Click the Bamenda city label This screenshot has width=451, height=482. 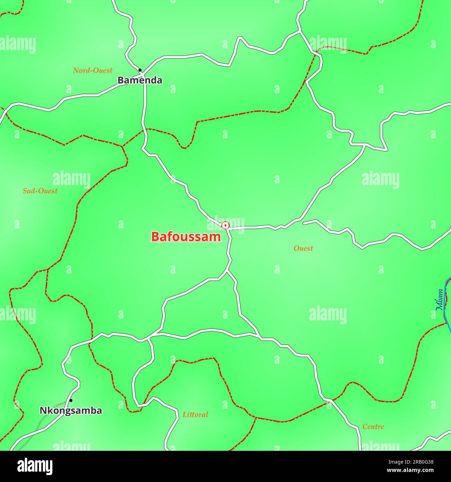tap(139, 80)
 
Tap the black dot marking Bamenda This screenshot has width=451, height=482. tap(140, 70)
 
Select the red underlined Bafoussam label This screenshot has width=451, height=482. tap(186, 236)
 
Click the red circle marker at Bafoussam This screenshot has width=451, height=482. tap(226, 226)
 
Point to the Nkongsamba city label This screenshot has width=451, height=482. tap(71, 411)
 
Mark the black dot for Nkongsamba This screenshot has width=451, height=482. tap(71, 400)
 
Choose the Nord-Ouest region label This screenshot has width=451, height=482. tap(93, 70)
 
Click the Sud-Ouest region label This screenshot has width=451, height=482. tap(40, 191)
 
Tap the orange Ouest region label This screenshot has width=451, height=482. tap(303, 248)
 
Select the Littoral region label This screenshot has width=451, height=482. tap(195, 414)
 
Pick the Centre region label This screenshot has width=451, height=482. tap(373, 427)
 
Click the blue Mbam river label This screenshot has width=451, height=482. tap(440, 299)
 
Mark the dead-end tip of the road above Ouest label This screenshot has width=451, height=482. tap(304, 223)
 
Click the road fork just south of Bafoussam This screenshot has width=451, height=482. tap(227, 272)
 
